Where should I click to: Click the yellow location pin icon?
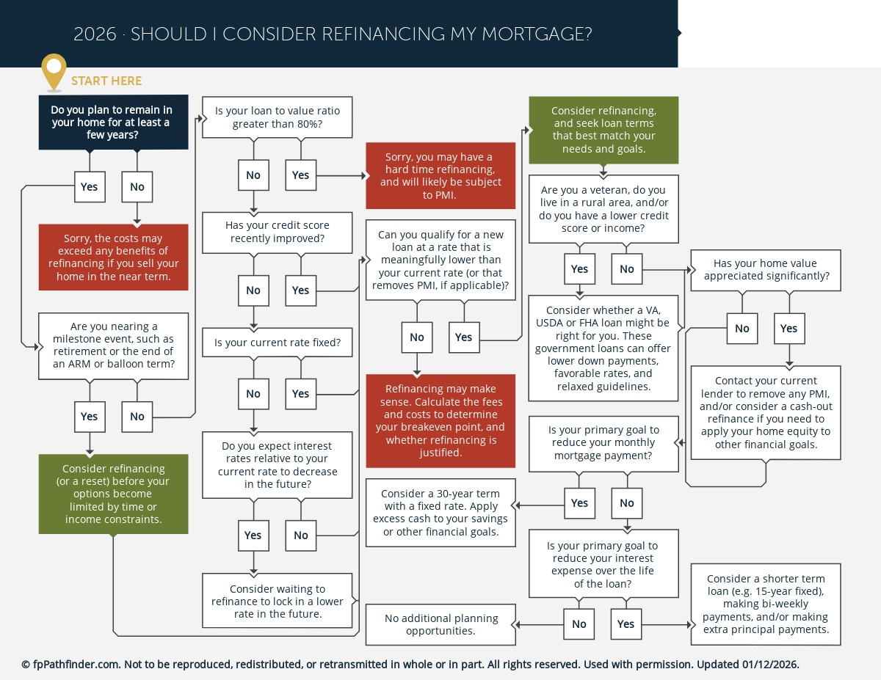54,70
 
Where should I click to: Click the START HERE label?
106,81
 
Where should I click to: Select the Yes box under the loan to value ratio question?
300,175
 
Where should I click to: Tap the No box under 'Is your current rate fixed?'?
253,393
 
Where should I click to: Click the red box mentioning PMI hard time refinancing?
440,176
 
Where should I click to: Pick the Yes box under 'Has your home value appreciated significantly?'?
788,328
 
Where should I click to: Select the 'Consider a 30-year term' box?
440,513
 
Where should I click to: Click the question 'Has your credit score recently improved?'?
278,232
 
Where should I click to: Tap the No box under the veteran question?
626,268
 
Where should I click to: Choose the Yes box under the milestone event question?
89,416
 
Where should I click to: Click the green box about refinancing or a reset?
114,494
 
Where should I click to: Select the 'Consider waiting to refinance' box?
278,601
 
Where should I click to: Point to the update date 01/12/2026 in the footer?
770,665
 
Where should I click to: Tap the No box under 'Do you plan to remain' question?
137,186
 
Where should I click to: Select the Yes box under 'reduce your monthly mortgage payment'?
579,502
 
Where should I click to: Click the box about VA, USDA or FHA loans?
603,348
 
